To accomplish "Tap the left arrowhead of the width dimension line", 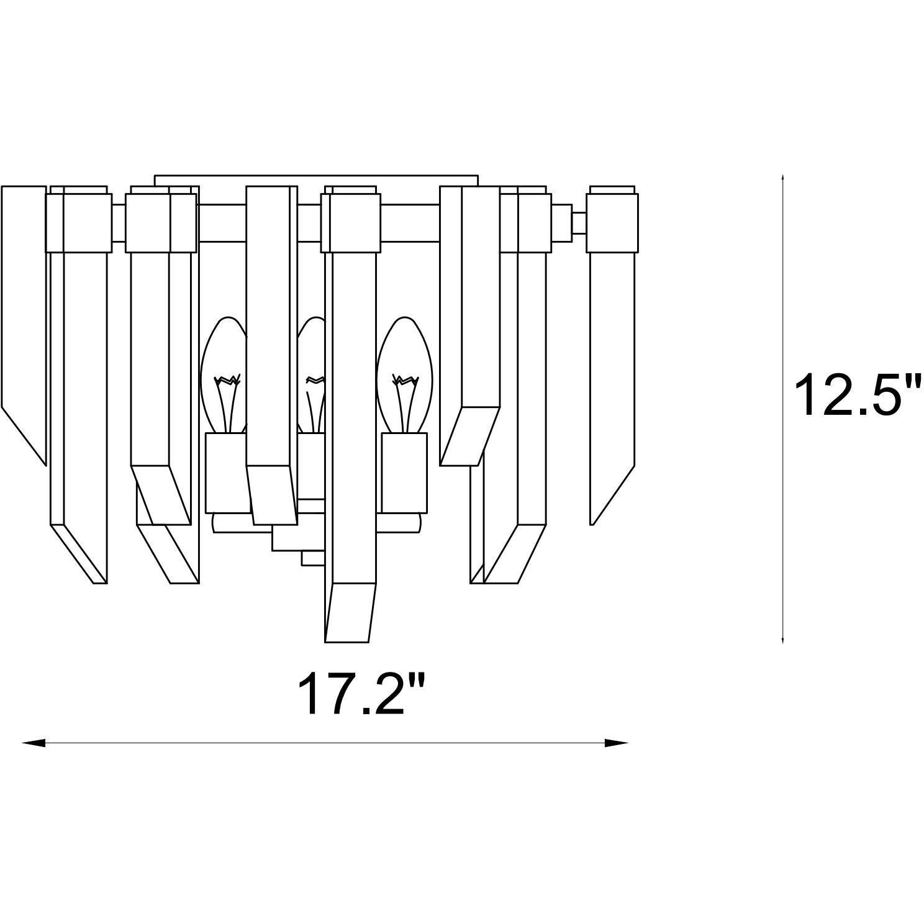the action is pos(34,743).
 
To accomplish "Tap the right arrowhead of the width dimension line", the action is pos(617,743).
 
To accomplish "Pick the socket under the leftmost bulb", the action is pos(227,473).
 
